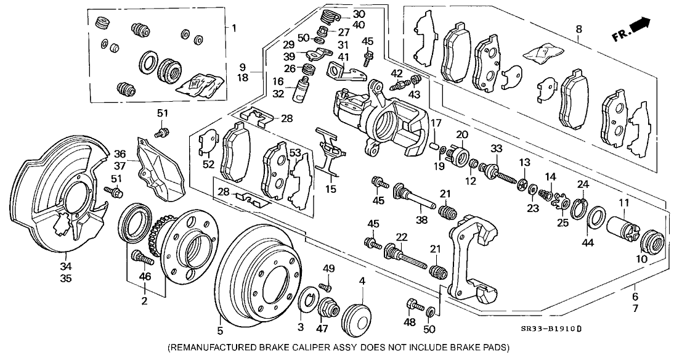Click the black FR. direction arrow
[641, 25]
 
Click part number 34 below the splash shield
[65, 266]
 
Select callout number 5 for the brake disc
[220, 321]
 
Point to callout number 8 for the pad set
[578, 29]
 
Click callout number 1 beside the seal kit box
[233, 28]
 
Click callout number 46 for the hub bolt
[145, 278]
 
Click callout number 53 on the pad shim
[296, 153]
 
